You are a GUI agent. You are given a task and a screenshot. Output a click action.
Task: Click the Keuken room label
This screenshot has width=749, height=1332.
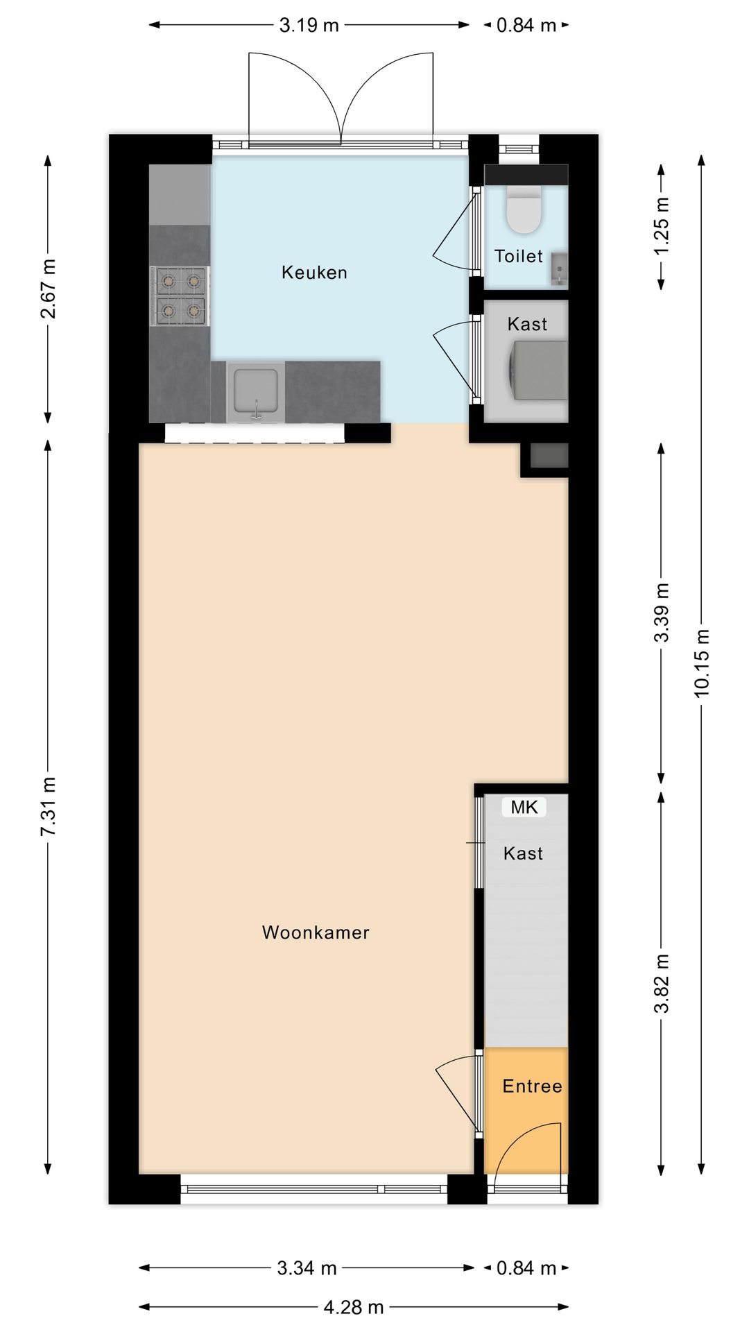pyautogui.click(x=314, y=273)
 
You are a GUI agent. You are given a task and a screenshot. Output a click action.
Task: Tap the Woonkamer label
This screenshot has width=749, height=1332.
pyautogui.click(x=316, y=932)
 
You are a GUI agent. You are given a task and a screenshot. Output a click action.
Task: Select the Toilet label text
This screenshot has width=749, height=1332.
pyautogui.click(x=518, y=257)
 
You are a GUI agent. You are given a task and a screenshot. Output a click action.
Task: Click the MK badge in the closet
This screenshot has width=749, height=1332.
pyautogui.click(x=524, y=807)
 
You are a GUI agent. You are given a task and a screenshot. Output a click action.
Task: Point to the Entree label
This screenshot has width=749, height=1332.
pyautogui.click(x=532, y=1086)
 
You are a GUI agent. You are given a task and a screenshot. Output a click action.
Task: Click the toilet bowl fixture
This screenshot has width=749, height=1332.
pyautogui.click(x=524, y=210)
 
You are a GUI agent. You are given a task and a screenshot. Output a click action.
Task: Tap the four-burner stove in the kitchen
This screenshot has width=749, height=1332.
pyautogui.click(x=180, y=296)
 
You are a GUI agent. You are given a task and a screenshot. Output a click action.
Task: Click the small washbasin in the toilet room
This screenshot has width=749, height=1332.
pyautogui.click(x=559, y=269)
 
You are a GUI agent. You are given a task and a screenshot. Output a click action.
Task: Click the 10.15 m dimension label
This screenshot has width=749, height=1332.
pyautogui.click(x=702, y=662)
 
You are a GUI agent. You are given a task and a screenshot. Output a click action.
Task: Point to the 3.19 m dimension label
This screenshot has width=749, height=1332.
pyautogui.click(x=309, y=26)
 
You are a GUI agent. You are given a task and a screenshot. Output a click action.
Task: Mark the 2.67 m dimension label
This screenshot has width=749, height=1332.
pyautogui.click(x=48, y=288)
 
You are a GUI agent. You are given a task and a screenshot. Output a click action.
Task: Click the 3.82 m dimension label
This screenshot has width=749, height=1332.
pyautogui.click(x=662, y=983)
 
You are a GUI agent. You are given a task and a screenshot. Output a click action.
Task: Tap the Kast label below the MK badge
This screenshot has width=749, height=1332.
pyautogui.click(x=523, y=853)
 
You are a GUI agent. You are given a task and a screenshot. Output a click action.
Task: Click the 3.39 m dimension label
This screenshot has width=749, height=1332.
pyautogui.click(x=662, y=613)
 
